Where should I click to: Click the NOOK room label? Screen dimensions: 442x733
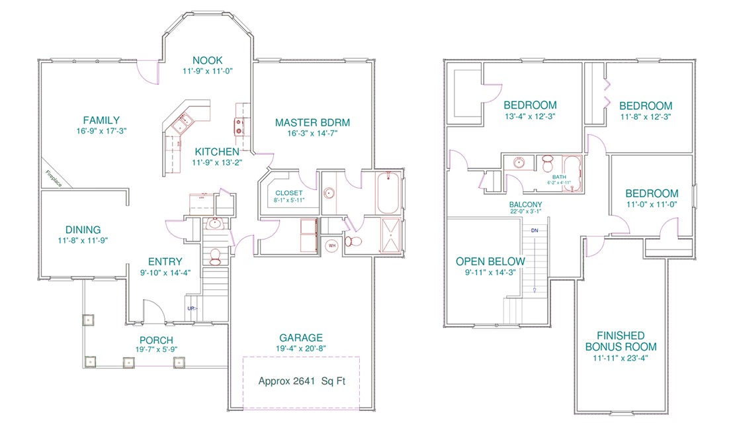click(x=208, y=59)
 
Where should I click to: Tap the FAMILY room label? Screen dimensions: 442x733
click(x=101, y=120)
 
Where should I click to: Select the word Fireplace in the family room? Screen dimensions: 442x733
click(x=54, y=179)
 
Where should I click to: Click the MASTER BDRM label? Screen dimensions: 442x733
click(x=312, y=122)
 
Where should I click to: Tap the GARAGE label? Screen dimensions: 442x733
click(x=301, y=337)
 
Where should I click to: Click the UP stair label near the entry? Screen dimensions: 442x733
click(x=191, y=308)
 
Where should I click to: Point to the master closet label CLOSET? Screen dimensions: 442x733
click(x=289, y=193)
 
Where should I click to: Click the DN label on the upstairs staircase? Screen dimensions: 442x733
click(x=535, y=230)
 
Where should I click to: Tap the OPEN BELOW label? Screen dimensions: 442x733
click(x=488, y=261)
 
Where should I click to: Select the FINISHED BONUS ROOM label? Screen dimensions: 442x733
click(x=620, y=341)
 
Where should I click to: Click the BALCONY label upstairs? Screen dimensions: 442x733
click(x=526, y=204)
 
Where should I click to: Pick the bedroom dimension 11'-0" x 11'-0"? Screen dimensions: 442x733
click(x=652, y=205)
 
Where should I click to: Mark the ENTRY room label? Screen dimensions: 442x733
click(x=165, y=262)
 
